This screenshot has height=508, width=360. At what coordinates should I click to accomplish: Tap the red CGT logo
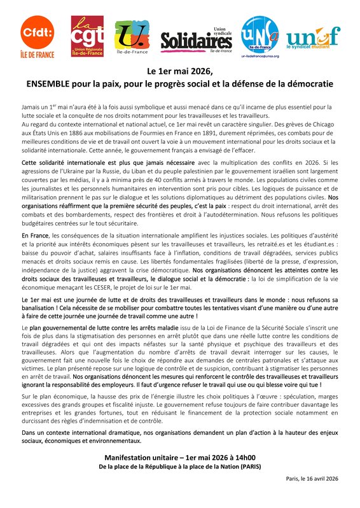(87, 36)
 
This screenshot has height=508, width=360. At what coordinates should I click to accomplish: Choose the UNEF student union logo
(313, 38)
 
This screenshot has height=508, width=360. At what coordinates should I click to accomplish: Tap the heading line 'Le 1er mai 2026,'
(179, 71)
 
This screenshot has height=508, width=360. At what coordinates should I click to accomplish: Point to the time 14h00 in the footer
(243, 456)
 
